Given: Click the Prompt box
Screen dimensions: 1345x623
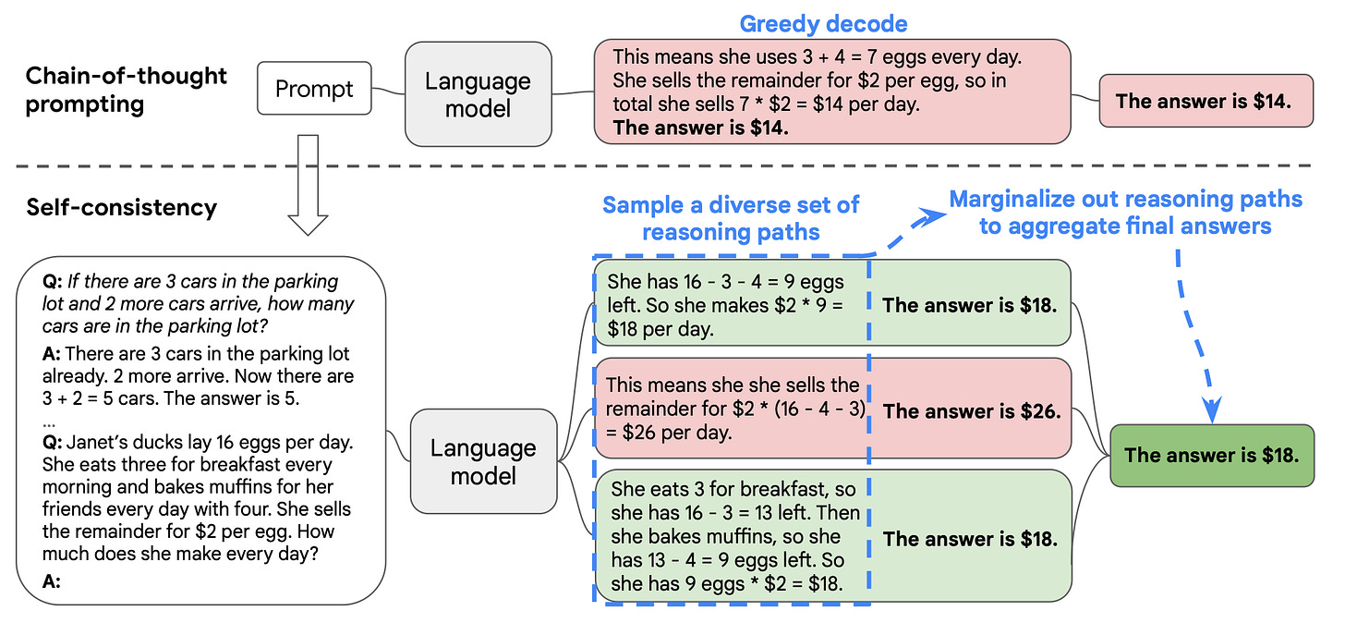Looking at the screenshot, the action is click(314, 89).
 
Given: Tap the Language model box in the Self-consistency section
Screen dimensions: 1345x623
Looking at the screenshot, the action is click(483, 462).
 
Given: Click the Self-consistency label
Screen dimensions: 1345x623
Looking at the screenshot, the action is click(121, 206).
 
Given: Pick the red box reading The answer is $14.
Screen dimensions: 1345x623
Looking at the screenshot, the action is click(1206, 101).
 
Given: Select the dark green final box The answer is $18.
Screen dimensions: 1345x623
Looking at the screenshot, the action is click(1211, 454).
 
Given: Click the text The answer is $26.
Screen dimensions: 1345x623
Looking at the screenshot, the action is click(972, 410).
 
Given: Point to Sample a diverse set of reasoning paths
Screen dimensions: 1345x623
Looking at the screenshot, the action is click(731, 218).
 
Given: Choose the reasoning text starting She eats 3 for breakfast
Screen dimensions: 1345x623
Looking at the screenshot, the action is click(734, 535).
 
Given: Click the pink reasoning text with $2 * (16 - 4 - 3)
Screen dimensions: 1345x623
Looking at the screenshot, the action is click(733, 408).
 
